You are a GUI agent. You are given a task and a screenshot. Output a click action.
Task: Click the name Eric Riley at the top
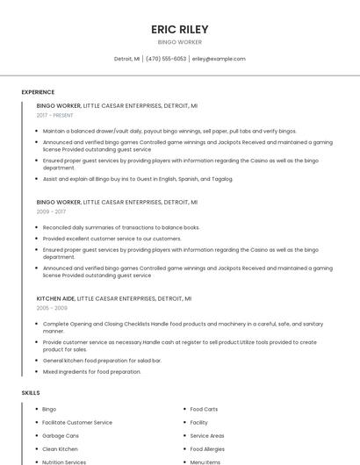[179, 29]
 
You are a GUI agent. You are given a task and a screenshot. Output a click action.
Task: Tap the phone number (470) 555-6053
[166, 59]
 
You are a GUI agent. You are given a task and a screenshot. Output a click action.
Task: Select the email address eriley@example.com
[219, 59]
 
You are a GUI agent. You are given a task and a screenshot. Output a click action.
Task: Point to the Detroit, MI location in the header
[127, 59]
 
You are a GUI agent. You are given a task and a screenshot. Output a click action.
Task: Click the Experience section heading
[38, 92]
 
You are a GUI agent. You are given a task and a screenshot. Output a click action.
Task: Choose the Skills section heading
[31, 392]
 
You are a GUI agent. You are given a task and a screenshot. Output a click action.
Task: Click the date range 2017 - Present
[55, 115]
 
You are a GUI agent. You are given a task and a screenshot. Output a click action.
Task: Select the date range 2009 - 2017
[51, 211]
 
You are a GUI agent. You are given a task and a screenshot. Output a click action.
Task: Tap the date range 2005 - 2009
[52, 308]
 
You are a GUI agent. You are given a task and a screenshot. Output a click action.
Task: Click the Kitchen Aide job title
[55, 298]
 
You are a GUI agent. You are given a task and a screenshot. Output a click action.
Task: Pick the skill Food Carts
[204, 409]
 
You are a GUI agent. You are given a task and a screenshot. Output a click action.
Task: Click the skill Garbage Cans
[61, 435]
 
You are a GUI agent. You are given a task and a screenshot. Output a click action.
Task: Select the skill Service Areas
[207, 435]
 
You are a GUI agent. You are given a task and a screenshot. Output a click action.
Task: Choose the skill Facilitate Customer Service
[77, 422]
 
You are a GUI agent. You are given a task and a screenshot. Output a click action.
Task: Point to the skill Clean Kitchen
[60, 448]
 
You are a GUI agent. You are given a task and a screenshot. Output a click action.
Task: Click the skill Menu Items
[205, 461]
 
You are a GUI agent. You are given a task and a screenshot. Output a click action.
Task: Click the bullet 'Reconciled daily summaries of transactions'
[121, 227]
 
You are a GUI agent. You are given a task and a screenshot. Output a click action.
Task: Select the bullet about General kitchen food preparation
[102, 361]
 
